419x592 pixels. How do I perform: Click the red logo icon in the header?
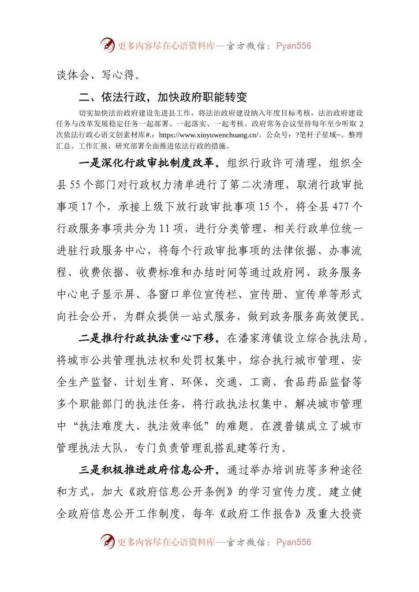[x=107, y=45]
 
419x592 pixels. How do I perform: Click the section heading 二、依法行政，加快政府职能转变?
[x=162, y=97]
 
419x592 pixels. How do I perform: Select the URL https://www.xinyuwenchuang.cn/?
[x=209, y=135]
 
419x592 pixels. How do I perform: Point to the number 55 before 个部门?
[x=75, y=185]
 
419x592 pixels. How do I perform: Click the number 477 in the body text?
[x=341, y=207]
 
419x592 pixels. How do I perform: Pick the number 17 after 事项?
[x=87, y=207]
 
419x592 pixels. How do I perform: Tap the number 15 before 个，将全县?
[x=265, y=207]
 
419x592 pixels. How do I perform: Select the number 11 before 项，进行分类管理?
[x=165, y=229]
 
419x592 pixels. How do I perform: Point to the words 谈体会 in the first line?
[x=73, y=75]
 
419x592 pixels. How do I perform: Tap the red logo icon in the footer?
[x=107, y=542]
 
